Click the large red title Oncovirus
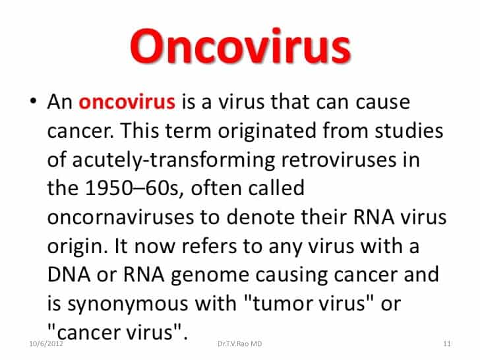pyautogui.click(x=240, y=47)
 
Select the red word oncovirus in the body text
pyautogui.click(x=127, y=102)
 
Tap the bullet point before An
pyautogui.click(x=34, y=101)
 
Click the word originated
pyautogui.click(x=267, y=132)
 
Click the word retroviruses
pyautogui.click(x=339, y=160)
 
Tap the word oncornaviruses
pyautogui.click(x=121, y=217)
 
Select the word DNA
pyautogui.click(x=69, y=274)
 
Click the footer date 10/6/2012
pyautogui.click(x=46, y=344)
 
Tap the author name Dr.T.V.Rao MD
pyautogui.click(x=240, y=344)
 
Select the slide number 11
pyautogui.click(x=447, y=344)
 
